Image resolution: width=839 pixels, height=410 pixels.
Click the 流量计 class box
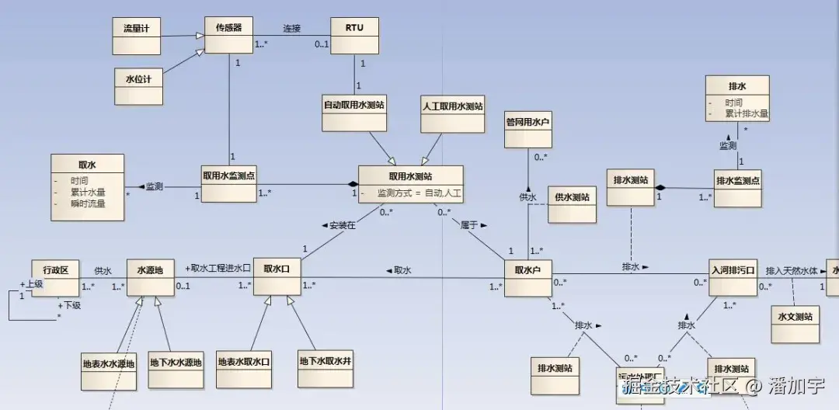click(x=136, y=36)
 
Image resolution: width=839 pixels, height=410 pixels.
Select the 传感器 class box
click(x=229, y=35)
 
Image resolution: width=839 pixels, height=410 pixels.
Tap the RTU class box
click(x=354, y=36)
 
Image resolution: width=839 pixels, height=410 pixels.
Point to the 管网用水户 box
click(x=528, y=129)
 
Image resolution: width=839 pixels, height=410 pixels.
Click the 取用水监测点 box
click(x=228, y=183)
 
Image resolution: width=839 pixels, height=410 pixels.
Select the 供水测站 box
click(x=572, y=204)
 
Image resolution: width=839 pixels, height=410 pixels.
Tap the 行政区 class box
click(x=55, y=277)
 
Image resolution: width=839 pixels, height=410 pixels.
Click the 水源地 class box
click(x=150, y=277)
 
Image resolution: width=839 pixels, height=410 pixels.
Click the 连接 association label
click(x=292, y=28)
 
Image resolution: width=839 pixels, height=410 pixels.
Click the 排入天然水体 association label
click(x=792, y=271)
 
